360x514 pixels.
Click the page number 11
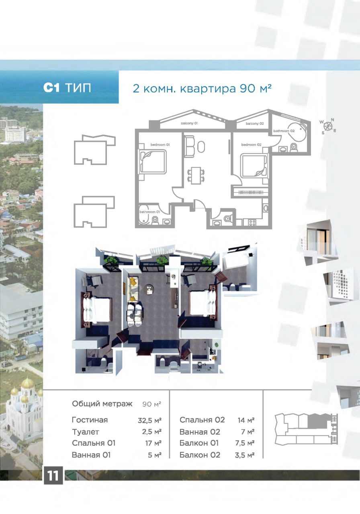[53, 476]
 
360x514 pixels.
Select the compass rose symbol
[329, 125]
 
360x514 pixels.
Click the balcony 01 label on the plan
[189, 124]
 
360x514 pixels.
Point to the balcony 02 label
[254, 124]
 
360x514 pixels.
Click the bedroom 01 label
[160, 144]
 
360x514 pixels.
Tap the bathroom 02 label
[284, 131]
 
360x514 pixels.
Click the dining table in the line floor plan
[196, 175]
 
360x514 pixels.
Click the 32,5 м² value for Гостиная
[149, 420]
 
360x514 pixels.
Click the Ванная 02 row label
[200, 432]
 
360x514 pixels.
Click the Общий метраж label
[102, 404]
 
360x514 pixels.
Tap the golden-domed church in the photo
[27, 406]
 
